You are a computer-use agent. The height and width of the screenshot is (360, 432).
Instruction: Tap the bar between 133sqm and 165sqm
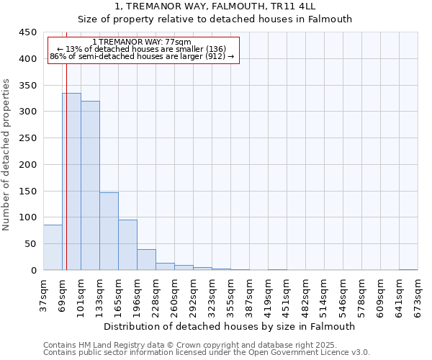tap(109, 231)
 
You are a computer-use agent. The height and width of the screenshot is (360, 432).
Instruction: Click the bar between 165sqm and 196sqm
tap(127, 245)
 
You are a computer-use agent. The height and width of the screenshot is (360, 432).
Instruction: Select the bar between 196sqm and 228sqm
tap(146, 259)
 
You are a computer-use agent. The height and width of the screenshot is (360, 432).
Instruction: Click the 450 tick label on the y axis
tap(27, 32)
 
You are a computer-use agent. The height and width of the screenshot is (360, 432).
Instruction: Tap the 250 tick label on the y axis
tap(27, 138)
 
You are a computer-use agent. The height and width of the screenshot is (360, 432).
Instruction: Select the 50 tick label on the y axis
tap(30, 244)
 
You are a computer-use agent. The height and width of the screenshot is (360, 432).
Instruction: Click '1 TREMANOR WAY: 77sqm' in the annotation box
tap(142, 42)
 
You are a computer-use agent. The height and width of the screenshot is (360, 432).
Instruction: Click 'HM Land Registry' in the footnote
tap(103, 346)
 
